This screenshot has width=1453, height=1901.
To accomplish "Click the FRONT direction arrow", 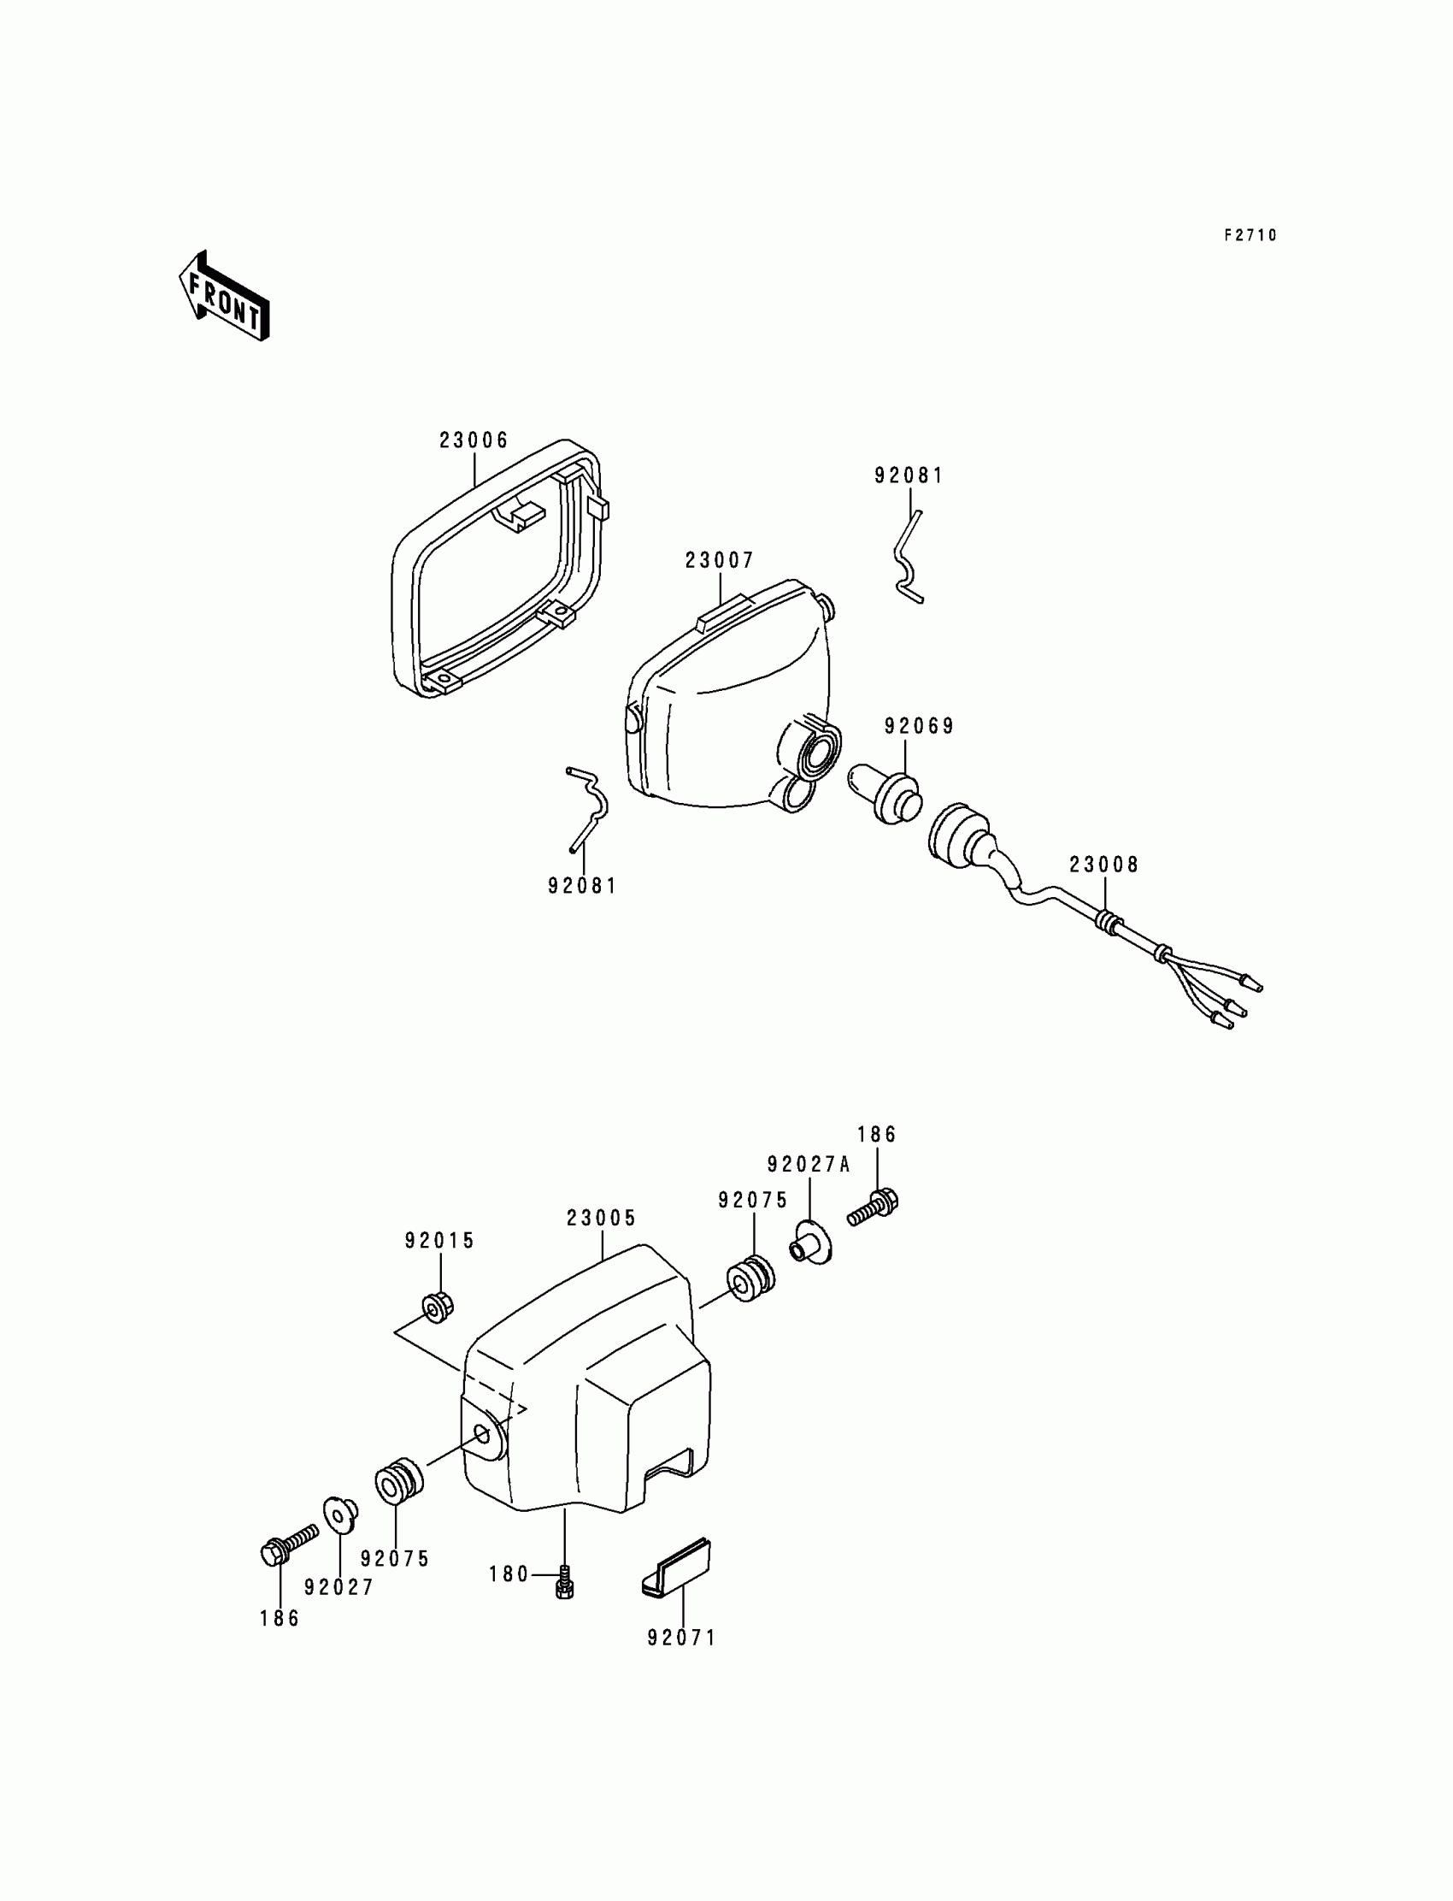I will pyautogui.click(x=223, y=297).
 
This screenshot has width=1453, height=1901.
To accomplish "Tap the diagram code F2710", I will pyautogui.click(x=1250, y=235).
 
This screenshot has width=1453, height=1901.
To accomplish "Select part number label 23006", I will pyautogui.click(x=474, y=440).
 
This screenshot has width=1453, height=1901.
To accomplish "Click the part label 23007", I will pyautogui.click(x=720, y=561).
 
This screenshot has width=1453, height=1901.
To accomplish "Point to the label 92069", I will pyautogui.click(x=919, y=726).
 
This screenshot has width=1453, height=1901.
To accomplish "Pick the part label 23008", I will pyautogui.click(x=1104, y=865).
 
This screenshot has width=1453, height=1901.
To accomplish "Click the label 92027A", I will pyautogui.click(x=809, y=1165).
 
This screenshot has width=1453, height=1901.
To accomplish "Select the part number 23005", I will pyautogui.click(x=601, y=1219).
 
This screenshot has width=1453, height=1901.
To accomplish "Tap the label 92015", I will pyautogui.click(x=439, y=1241).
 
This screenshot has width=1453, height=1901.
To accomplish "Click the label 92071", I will pyautogui.click(x=681, y=1638).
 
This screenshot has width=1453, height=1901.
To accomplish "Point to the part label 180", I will pyautogui.click(x=509, y=1574).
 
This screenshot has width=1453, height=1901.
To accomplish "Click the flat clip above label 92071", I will pyautogui.click(x=678, y=1567).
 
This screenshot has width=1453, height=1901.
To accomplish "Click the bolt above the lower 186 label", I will pyautogui.click(x=286, y=1546).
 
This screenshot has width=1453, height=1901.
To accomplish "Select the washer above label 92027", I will pyautogui.click(x=341, y=1514).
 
